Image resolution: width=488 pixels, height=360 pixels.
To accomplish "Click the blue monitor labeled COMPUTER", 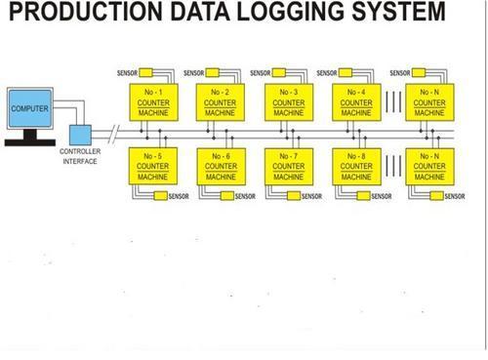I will click(x=29, y=107).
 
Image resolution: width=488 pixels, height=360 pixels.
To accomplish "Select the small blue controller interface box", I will click(x=79, y=134).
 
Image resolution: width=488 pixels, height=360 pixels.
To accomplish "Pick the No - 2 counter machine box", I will click(x=219, y=100).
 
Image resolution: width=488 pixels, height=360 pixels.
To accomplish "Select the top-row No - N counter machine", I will click(x=427, y=100).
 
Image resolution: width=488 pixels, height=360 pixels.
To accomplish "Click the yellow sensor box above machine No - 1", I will click(x=146, y=72).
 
